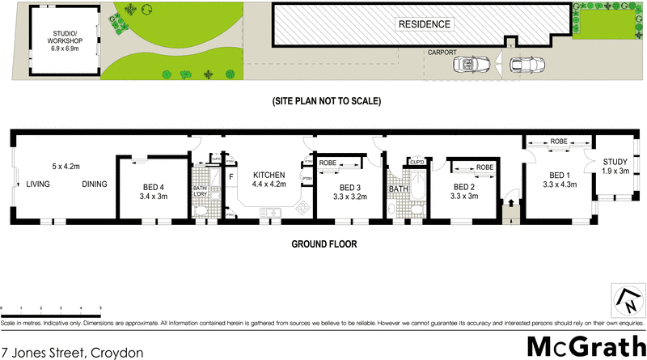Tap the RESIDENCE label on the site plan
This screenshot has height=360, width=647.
coord(423,24)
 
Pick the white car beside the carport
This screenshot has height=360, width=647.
coord(528,65)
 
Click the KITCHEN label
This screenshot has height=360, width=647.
coord(269,180)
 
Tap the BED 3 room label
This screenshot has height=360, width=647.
coord(339,189)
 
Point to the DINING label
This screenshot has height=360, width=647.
coord(94,184)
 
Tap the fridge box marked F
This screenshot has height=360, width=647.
coord(230,176)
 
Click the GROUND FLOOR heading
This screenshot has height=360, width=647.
coord(323,244)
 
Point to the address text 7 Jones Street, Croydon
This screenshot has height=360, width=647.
coord(73,352)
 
